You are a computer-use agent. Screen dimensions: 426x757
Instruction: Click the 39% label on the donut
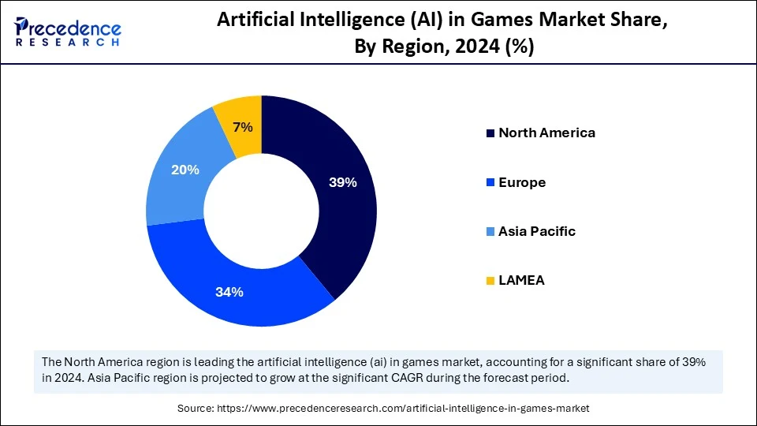343,182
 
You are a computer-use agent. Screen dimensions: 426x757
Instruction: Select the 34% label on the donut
229,291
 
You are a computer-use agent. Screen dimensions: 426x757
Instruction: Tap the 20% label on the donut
185,170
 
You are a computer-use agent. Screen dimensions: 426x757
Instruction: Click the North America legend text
546,133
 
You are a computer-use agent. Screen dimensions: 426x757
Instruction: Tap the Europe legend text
522,182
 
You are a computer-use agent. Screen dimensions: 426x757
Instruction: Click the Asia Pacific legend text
537,231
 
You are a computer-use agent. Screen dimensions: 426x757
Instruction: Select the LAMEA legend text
521,280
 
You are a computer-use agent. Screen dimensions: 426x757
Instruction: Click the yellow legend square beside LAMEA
490,281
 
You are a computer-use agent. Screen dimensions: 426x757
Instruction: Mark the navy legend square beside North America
490,133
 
